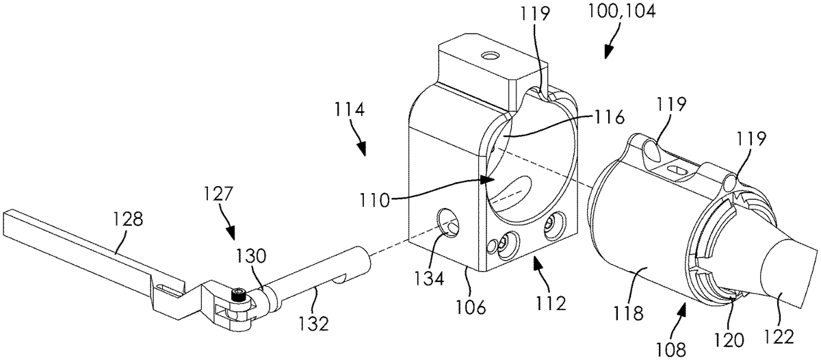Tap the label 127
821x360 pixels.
(x=218, y=194)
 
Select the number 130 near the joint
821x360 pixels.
(x=250, y=257)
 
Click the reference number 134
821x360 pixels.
(x=429, y=279)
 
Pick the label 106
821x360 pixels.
(x=471, y=307)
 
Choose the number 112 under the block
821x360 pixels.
(x=551, y=303)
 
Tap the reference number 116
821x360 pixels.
(x=609, y=118)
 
